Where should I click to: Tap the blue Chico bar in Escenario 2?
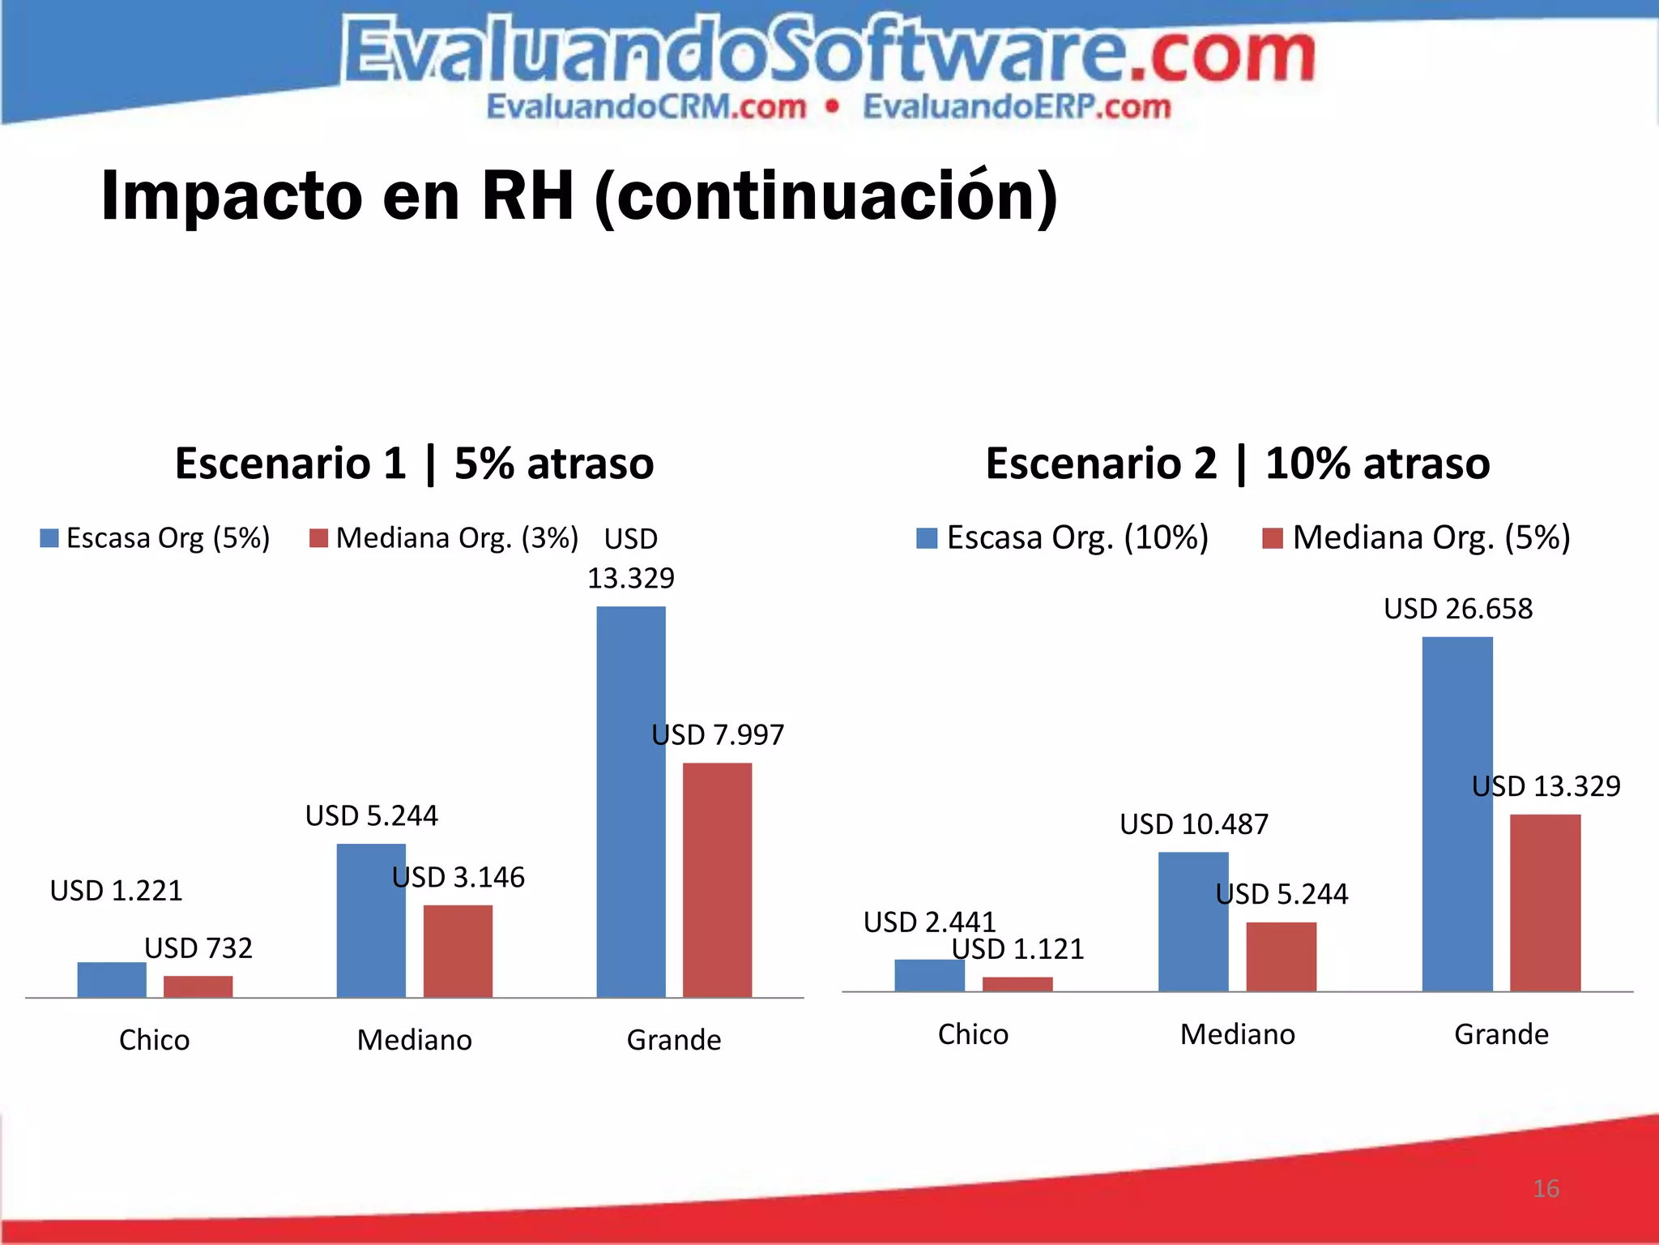[929, 975]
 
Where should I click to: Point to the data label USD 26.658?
[1458, 609]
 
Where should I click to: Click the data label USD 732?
[198, 948]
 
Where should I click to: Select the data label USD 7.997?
[718, 734]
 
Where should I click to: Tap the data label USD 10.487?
[1194, 824]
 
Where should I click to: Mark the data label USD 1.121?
[1017, 949]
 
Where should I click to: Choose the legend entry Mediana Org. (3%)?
[444, 538]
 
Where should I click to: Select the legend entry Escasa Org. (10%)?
[1063, 537]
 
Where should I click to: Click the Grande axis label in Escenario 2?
[1501, 1034]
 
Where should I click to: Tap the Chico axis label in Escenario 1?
[154, 1040]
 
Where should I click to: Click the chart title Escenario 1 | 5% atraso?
[414, 464]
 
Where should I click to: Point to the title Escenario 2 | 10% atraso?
[1237, 464]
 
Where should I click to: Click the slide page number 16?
[1546, 1188]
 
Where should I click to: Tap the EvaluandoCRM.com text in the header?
[646, 107]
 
